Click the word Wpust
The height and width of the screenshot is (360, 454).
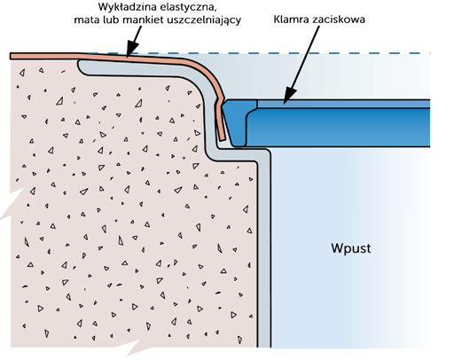pos(351,248)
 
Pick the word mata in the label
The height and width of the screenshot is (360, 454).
pos(85,20)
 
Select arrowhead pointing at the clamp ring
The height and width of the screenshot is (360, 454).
pos(289,97)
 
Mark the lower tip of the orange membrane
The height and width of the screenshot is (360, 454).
pos(223,139)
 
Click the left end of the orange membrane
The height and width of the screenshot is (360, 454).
pos(11,56)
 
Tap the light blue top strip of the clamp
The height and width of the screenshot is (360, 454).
pos(343,104)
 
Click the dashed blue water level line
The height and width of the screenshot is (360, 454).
pos(259,53)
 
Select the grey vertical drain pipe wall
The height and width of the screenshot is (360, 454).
pos(264,251)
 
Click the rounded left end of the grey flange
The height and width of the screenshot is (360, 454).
pos(81,66)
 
